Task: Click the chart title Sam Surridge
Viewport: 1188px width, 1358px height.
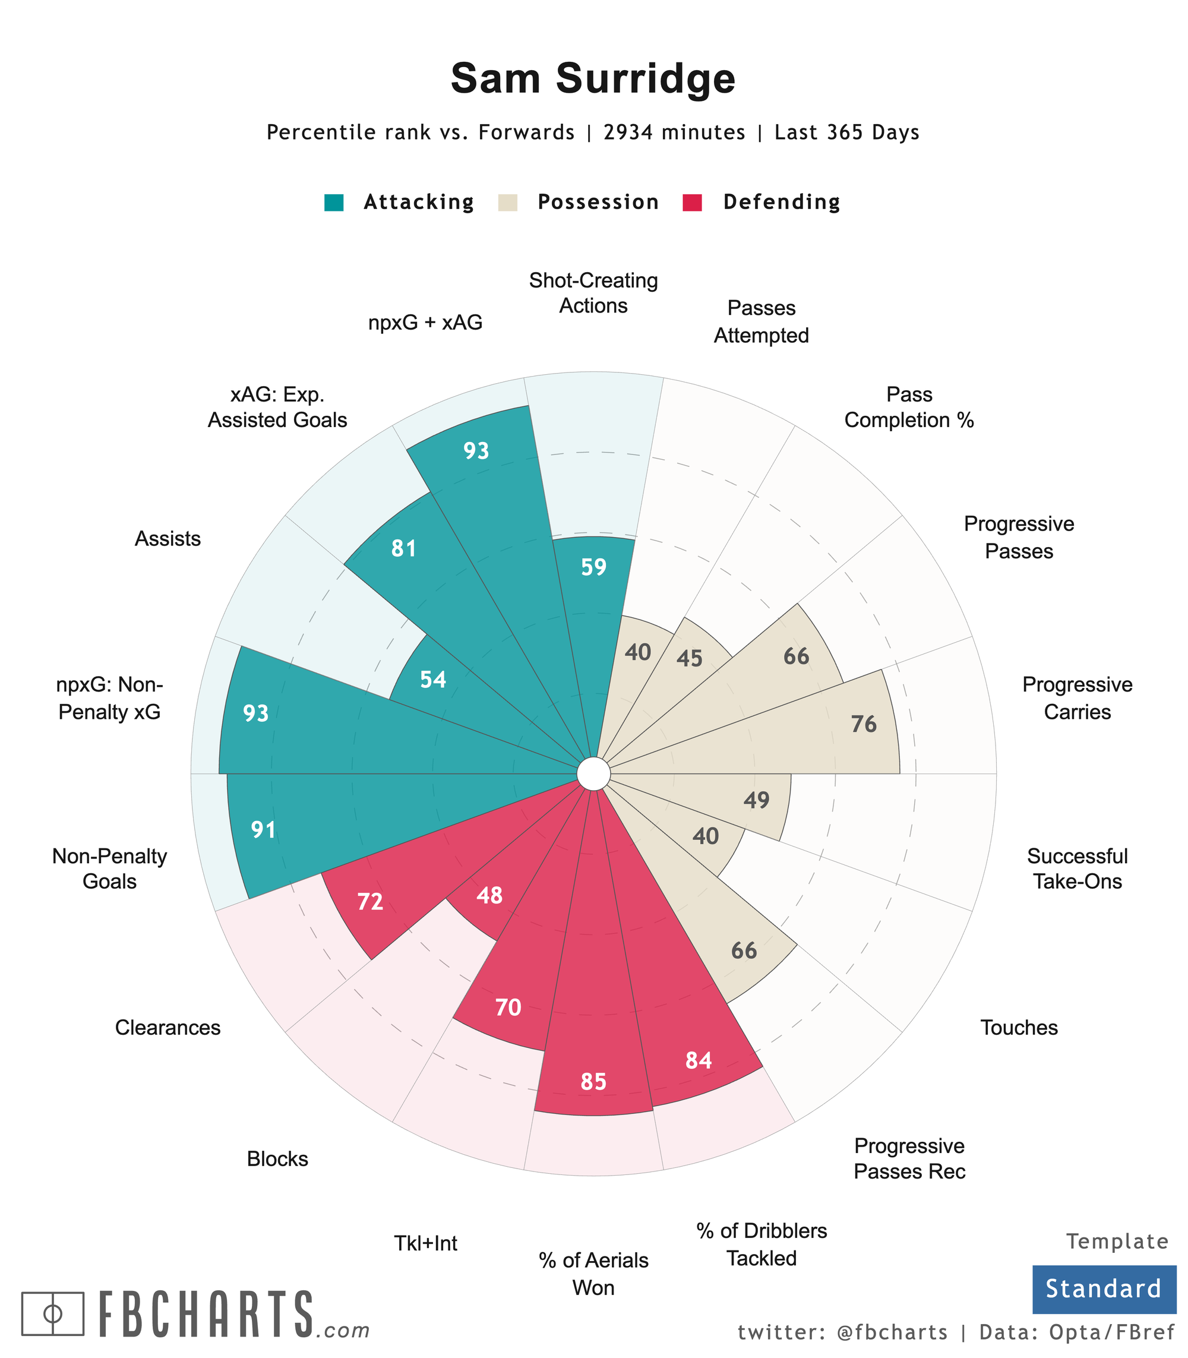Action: pyautogui.click(x=593, y=79)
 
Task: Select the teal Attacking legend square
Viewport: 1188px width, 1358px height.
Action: pyautogui.click(x=334, y=202)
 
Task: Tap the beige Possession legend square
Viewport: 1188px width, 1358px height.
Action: pyautogui.click(x=508, y=202)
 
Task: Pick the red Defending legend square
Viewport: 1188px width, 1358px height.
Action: pyautogui.click(x=692, y=202)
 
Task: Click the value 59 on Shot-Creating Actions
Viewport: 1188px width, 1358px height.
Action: pyautogui.click(x=593, y=567)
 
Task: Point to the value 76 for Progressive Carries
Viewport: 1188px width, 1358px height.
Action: pyautogui.click(x=864, y=725)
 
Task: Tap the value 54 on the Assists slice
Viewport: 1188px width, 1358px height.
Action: pyautogui.click(x=433, y=680)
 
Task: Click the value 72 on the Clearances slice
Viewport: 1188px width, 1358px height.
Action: pyautogui.click(x=370, y=902)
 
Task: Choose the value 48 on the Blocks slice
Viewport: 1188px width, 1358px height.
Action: pyautogui.click(x=489, y=896)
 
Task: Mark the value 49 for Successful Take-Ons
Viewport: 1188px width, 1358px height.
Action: pyautogui.click(x=756, y=801)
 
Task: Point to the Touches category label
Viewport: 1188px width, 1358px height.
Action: pyautogui.click(x=1019, y=1028)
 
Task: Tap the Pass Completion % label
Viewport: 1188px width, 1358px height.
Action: pyautogui.click(x=909, y=407)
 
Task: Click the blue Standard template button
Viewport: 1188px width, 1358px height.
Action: pyautogui.click(x=1103, y=1289)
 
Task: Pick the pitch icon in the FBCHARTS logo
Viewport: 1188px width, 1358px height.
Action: pyautogui.click(x=53, y=1313)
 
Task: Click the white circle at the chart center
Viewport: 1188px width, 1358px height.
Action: pyautogui.click(x=593, y=774)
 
